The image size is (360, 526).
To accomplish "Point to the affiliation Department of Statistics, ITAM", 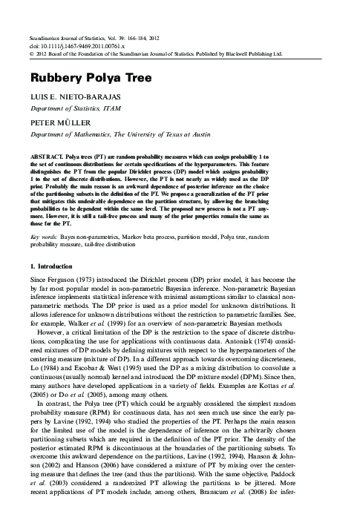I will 78,109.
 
